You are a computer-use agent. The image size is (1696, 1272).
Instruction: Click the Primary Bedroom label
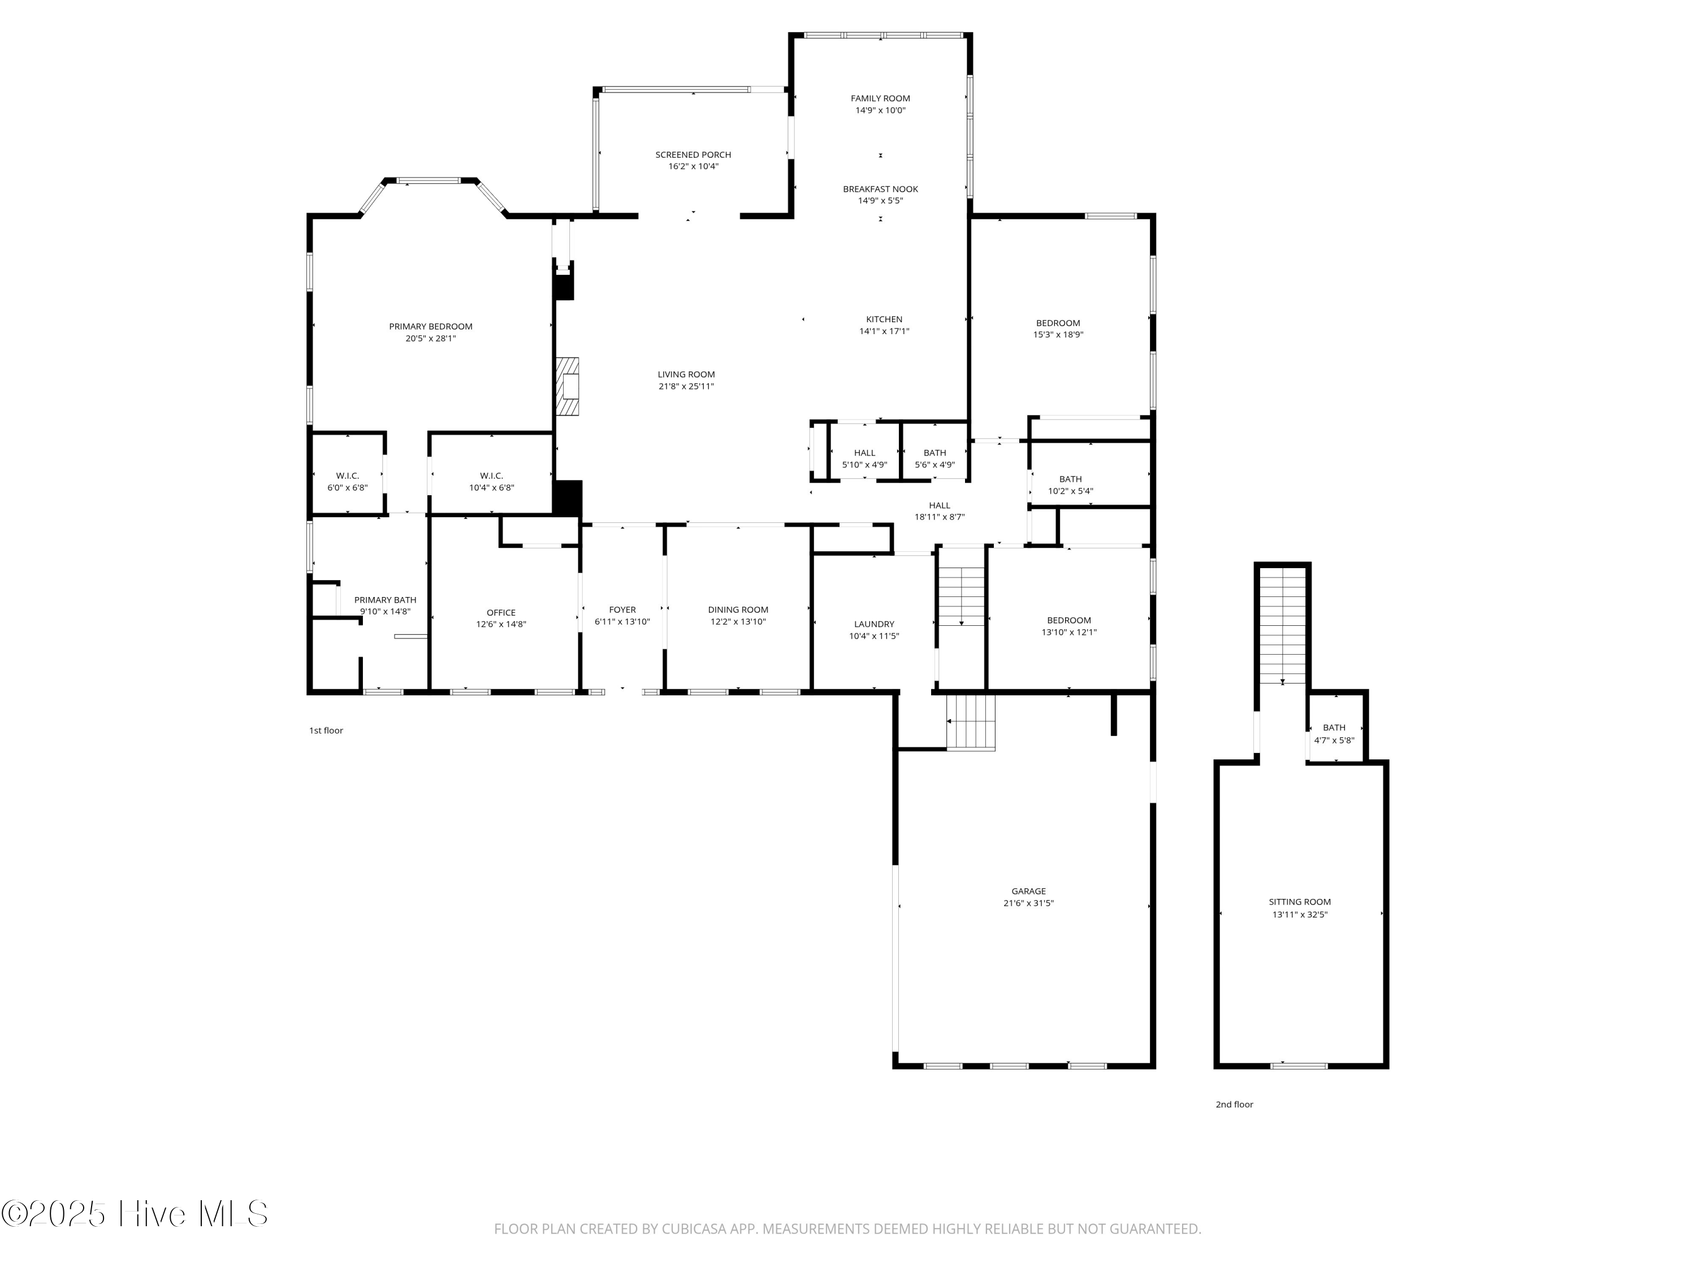(x=430, y=327)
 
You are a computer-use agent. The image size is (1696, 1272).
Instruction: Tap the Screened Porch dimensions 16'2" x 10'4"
(x=693, y=166)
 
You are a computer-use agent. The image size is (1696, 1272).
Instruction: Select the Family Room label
(x=880, y=98)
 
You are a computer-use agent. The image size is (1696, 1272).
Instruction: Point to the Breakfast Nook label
(x=880, y=189)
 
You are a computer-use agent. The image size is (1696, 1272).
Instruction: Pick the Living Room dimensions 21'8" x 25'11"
(x=686, y=387)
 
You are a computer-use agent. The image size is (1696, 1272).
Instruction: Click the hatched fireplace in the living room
(x=568, y=387)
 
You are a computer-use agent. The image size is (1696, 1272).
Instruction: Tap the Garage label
(x=1028, y=892)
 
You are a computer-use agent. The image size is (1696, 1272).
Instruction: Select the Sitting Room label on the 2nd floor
(x=1300, y=902)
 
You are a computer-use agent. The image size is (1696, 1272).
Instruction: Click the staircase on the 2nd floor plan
(x=1283, y=625)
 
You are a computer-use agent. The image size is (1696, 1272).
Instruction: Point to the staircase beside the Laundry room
(x=962, y=596)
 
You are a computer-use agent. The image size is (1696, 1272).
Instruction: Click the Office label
(x=501, y=613)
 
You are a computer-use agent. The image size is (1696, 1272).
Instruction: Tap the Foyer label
(x=622, y=611)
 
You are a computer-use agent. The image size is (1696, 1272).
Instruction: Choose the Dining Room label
(x=738, y=611)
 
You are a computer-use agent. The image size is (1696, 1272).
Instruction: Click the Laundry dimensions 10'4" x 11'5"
(x=874, y=637)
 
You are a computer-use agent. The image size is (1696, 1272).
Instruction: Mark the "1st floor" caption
(x=326, y=730)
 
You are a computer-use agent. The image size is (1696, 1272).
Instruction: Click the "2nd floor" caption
(x=1234, y=1105)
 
